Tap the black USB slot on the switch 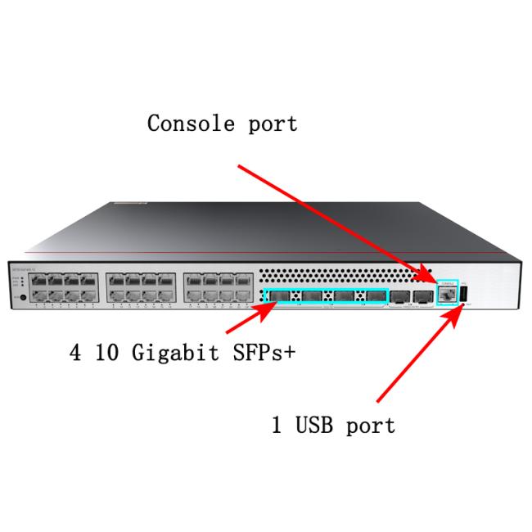coord(464,294)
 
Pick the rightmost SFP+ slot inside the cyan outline coord(375,296)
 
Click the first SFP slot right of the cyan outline coord(399,296)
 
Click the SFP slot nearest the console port coord(422,296)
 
